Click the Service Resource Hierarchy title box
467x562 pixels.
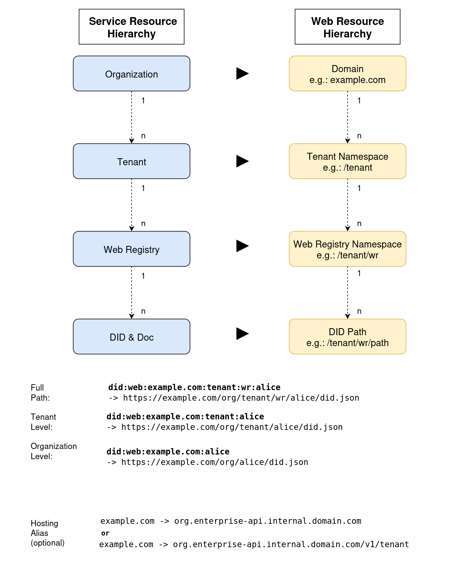[x=132, y=27]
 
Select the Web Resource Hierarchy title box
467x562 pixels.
[x=347, y=27]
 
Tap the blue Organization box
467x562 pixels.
[x=132, y=74]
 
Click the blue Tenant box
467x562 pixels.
[x=132, y=161]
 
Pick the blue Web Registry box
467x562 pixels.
[x=132, y=249]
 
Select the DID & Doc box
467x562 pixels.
[x=132, y=337]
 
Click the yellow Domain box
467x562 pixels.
[x=347, y=74]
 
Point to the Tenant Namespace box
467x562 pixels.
[x=347, y=161]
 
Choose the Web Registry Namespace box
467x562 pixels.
[x=347, y=249]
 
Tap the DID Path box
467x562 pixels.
[x=347, y=337]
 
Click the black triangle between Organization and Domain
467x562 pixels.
[x=242, y=73]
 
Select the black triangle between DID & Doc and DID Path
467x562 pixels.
[x=242, y=334]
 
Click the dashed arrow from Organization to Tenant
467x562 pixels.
[x=132, y=117]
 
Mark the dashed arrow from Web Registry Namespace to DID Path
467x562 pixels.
[x=348, y=292]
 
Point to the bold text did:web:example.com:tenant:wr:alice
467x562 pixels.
[x=194, y=387]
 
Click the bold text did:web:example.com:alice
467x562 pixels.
[x=168, y=452]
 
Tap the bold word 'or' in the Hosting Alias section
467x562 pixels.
[x=105, y=533]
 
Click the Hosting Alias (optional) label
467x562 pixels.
[x=47, y=533]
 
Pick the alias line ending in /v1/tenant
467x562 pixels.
[x=254, y=544]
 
